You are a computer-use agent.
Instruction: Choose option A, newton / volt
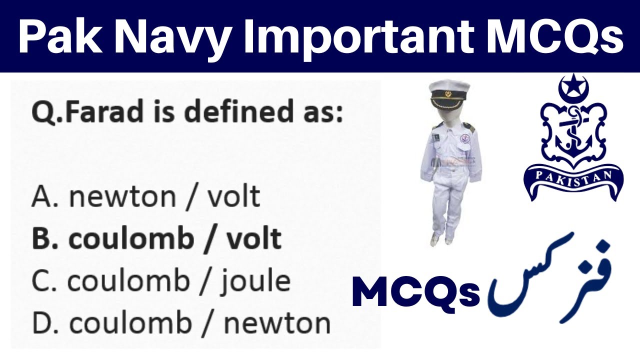click(145, 197)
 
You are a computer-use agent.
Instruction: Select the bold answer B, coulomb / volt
click(156, 239)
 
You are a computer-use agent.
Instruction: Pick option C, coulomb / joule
click(160, 281)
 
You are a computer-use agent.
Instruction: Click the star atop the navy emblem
click(573, 81)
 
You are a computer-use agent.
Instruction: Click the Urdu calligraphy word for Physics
click(550, 280)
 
